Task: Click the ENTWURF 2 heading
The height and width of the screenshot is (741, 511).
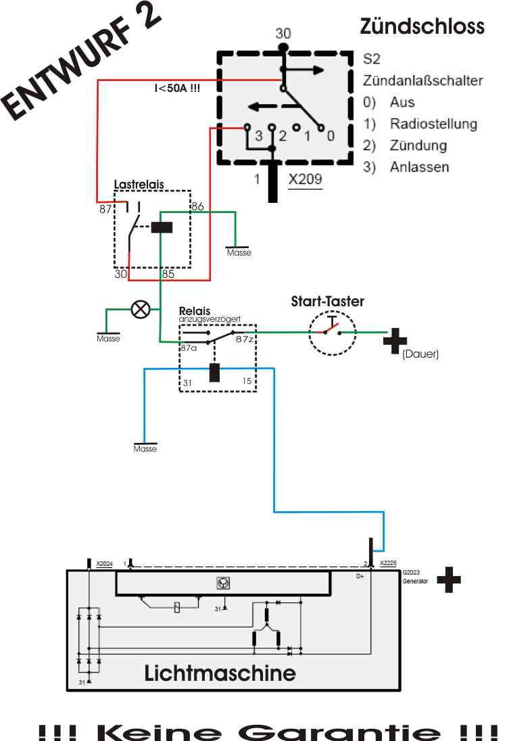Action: [81, 66]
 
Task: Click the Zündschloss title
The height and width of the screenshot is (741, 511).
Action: [422, 26]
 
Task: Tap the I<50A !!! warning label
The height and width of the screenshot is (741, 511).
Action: [178, 88]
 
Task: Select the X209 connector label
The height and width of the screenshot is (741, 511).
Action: [305, 179]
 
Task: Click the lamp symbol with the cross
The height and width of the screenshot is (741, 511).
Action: [141, 310]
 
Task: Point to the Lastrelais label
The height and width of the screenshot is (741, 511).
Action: [139, 185]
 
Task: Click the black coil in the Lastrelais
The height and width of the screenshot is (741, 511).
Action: [162, 227]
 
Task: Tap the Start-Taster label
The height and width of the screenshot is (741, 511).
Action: [327, 301]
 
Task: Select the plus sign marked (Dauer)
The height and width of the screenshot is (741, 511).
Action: [395, 341]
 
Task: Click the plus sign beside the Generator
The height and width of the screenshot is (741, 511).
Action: [449, 580]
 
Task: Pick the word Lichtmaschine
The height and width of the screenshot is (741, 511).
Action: [220, 673]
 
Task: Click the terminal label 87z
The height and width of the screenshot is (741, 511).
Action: [244, 339]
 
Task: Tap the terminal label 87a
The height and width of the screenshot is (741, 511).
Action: [189, 348]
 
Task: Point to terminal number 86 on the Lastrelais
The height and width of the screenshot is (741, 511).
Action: [197, 206]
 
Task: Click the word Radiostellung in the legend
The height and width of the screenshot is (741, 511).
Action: [433, 124]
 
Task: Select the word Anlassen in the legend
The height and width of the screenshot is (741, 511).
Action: [419, 167]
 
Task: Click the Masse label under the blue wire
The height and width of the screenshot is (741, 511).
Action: [145, 448]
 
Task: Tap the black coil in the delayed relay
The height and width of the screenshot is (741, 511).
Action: [214, 373]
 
